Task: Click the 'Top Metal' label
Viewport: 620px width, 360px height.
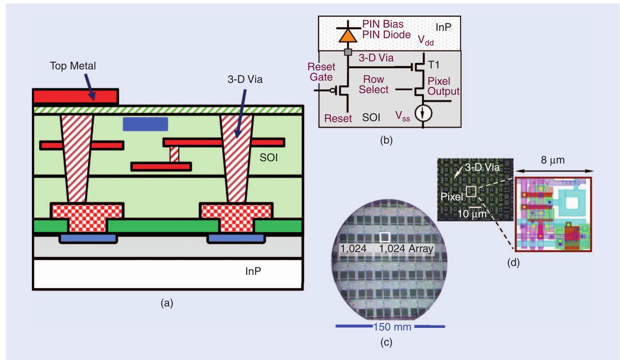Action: (73, 66)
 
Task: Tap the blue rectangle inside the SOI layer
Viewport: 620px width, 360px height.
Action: (145, 124)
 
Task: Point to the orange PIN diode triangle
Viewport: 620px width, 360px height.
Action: (348, 36)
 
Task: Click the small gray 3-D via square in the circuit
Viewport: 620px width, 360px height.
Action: (348, 52)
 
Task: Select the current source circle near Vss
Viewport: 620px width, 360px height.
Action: (423, 113)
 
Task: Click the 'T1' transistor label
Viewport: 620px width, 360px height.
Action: (433, 65)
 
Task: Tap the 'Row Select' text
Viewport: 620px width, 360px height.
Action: (373, 84)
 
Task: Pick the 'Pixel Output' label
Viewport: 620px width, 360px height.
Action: (443, 86)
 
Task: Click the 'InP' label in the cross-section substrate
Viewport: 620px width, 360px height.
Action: (253, 271)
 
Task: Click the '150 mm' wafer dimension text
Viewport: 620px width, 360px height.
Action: (392, 327)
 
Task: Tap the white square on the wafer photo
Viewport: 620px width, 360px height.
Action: (385, 237)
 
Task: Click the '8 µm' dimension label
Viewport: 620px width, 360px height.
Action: (553, 160)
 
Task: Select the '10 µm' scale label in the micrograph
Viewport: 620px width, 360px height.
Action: (471, 214)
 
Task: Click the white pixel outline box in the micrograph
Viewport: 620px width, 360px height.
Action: (471, 191)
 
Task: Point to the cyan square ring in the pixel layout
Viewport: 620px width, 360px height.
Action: (571, 203)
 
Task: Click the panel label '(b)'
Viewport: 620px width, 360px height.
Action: (386, 140)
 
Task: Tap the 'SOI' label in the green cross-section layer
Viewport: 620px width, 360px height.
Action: (268, 158)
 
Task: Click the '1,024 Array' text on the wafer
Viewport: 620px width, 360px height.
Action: (406, 249)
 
